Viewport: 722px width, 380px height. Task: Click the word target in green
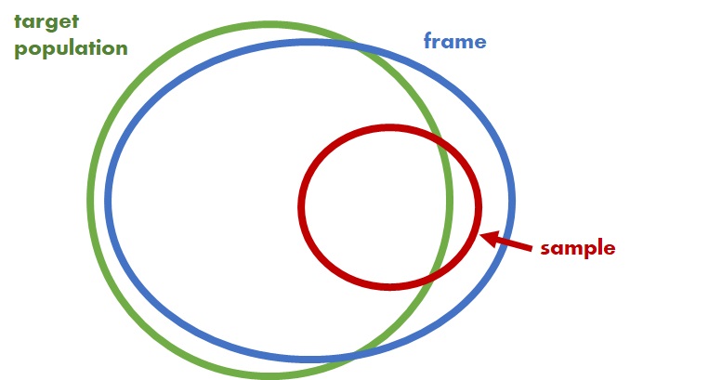tap(45, 20)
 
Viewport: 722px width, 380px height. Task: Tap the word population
tap(71, 47)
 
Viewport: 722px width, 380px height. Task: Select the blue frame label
tap(454, 41)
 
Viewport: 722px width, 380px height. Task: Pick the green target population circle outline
tap(90, 199)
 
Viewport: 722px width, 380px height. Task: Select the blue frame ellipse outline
tap(512, 201)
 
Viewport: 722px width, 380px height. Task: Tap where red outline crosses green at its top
tap(436, 137)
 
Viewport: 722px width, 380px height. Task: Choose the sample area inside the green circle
tap(372, 206)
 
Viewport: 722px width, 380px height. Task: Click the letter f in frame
tap(427, 41)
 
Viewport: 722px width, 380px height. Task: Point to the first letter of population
tap(20, 49)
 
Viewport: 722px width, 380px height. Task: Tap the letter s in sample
tap(545, 248)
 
